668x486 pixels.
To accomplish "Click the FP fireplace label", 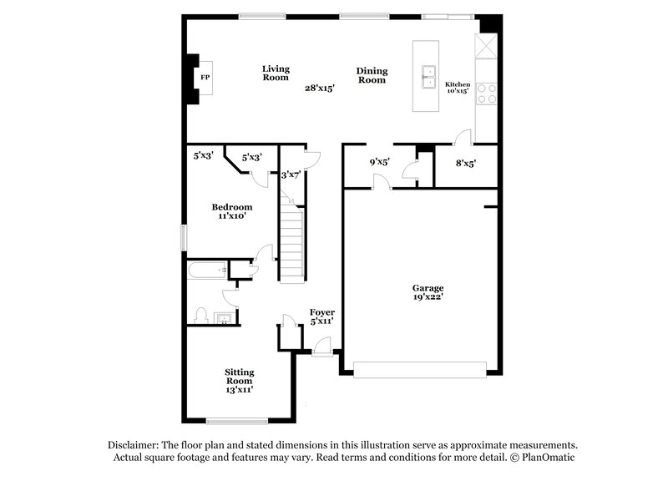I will pos(204,78).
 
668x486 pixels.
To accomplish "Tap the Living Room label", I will pos(276,73).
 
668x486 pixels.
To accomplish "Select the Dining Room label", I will pos(372,75).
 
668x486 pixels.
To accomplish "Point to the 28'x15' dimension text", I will pos(319,88).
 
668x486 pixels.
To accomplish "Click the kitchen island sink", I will pos(430,76).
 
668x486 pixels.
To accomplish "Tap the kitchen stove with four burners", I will pos(486,93).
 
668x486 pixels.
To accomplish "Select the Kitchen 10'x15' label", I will pos(457,87).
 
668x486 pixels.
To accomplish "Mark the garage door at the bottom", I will pos(419,369).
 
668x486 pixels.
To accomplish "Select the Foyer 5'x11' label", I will pos(321,316).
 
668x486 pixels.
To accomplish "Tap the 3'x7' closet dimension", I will pos(291,175).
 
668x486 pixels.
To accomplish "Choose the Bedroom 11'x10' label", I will pos(231,210).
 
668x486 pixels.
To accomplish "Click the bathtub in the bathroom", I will pos(207,271).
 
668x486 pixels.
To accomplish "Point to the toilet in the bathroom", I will pos(200,315).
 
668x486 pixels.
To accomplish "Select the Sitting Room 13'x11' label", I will pos(239,380).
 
